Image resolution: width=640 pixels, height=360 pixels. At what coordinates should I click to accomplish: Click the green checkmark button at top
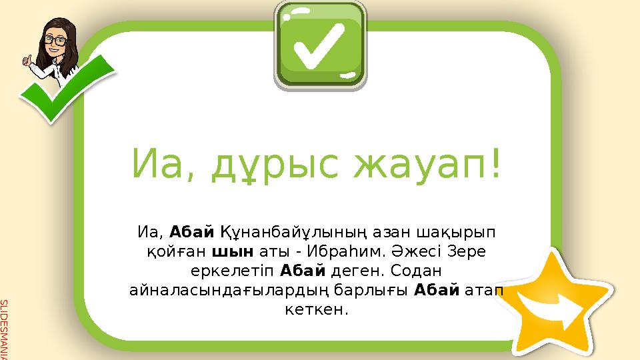click(x=320, y=45)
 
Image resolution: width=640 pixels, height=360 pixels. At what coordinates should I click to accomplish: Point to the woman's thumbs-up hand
click(x=28, y=61)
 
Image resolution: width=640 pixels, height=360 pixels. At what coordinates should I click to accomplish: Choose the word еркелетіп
click(x=243, y=272)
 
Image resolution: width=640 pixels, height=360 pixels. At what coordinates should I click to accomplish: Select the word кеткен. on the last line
click(x=319, y=311)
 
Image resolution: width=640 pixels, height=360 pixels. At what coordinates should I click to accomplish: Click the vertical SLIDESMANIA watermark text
click(x=4, y=331)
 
